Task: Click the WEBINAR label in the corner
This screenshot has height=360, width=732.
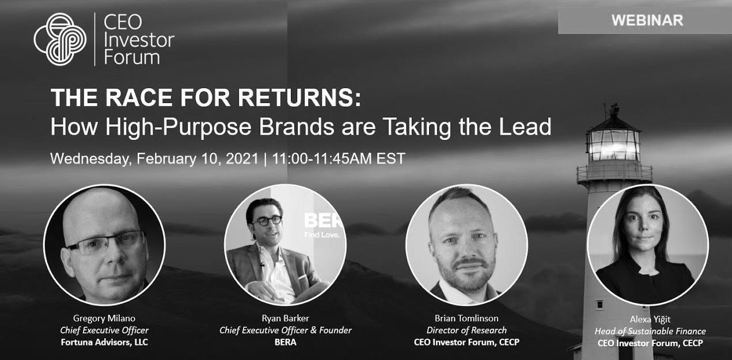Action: [x=647, y=20]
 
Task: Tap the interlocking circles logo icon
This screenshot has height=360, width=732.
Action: [x=60, y=39]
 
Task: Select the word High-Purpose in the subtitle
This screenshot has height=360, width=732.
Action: [x=178, y=127]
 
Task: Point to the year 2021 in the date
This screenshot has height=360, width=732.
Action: [x=242, y=158]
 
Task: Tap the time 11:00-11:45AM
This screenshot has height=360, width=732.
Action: [x=322, y=158]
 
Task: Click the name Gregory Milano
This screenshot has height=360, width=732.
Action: [x=104, y=318]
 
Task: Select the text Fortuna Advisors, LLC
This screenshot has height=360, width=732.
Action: [x=104, y=342]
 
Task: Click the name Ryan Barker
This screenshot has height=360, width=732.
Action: [x=285, y=318]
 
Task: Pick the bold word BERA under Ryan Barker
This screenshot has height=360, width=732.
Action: [x=285, y=342]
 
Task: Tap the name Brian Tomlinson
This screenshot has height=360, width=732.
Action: [x=466, y=318]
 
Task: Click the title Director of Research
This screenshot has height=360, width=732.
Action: [x=466, y=330]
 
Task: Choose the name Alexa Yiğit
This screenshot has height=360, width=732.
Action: [x=650, y=319]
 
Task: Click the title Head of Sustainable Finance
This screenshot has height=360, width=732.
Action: [x=650, y=331]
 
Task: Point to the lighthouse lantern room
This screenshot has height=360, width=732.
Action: [x=613, y=145]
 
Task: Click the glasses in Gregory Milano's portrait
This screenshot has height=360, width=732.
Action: [x=106, y=243]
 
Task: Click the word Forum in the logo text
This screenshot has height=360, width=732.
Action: [x=132, y=58]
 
